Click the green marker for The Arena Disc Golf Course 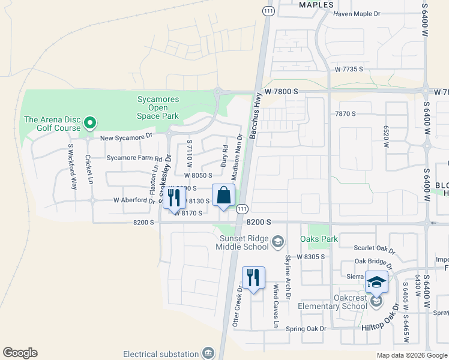tap(90, 124)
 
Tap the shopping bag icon tap(223, 195)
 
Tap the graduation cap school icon tap(376, 281)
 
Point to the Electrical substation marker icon tap(208, 353)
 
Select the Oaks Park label tap(323, 239)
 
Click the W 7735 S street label tap(349, 70)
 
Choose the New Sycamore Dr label tap(127, 137)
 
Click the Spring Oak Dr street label tap(306, 329)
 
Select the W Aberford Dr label tap(134, 200)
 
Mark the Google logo tap(20, 353)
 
